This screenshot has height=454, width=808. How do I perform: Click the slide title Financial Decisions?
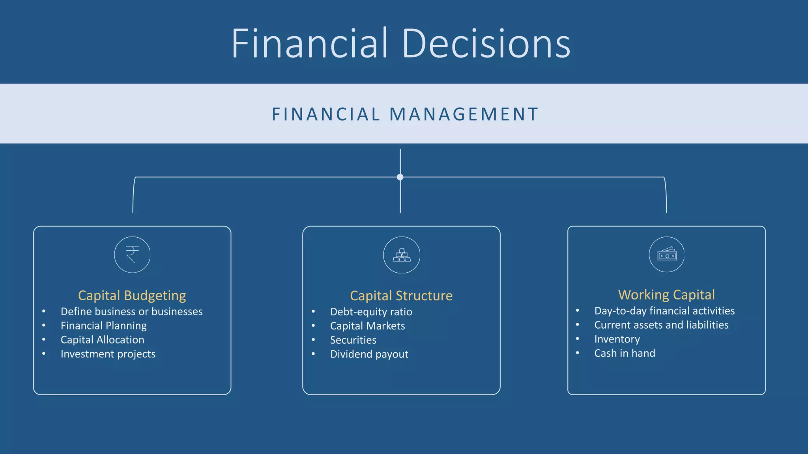401,43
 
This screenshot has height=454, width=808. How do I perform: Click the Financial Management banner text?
405,114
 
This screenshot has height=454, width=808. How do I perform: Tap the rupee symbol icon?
132,255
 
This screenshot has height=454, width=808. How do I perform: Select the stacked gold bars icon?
401,255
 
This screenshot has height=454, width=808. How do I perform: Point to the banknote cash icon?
666,255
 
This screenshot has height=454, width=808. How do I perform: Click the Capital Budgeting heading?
132,295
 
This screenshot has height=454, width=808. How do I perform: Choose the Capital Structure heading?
401,296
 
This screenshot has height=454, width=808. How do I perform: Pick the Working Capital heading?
666,294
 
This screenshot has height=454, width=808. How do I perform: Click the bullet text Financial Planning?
103,326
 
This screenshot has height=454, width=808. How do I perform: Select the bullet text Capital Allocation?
102,340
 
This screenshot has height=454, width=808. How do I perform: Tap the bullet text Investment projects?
108,354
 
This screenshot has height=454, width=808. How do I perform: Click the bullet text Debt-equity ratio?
371,312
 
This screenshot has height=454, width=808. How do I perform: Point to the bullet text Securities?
353,340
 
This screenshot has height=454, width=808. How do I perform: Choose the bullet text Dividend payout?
369,354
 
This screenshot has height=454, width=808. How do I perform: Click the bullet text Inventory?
617,339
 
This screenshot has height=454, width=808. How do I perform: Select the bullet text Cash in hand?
625,353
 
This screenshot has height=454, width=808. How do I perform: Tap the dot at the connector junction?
400,177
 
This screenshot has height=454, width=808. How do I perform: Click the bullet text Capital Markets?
367,326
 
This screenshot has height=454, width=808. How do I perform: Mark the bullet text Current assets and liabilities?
661,325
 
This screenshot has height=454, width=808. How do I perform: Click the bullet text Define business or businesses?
131,311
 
